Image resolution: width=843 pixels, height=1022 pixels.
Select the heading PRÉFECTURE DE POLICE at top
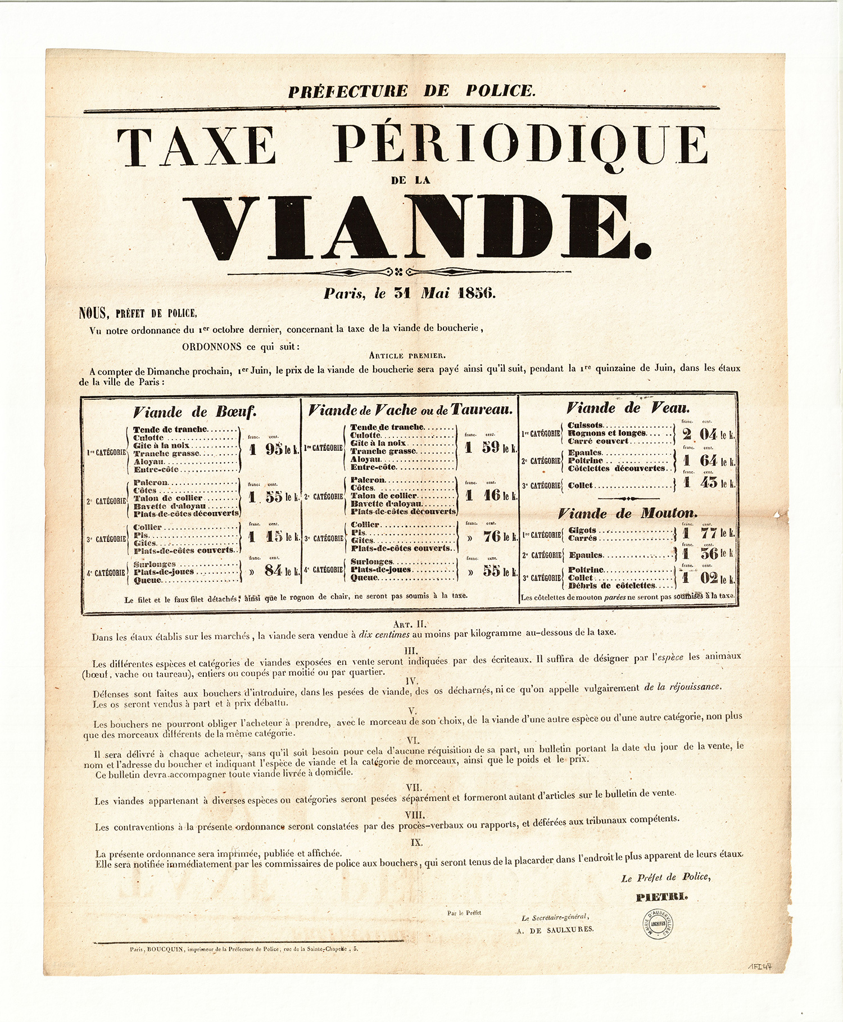pos(412,91)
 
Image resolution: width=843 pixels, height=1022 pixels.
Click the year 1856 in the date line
pos(477,293)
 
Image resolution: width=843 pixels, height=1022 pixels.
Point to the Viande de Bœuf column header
pos(194,412)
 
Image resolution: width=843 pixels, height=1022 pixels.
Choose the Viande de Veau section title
pos(628,408)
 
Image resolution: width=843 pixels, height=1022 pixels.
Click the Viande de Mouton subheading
pos(627,513)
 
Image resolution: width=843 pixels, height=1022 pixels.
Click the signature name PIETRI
pos(661,897)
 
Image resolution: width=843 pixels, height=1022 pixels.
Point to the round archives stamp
pos(659,924)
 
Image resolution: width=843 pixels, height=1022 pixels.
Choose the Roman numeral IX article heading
pos(416,842)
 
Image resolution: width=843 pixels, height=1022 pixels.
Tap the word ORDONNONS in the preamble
pos(211,347)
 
